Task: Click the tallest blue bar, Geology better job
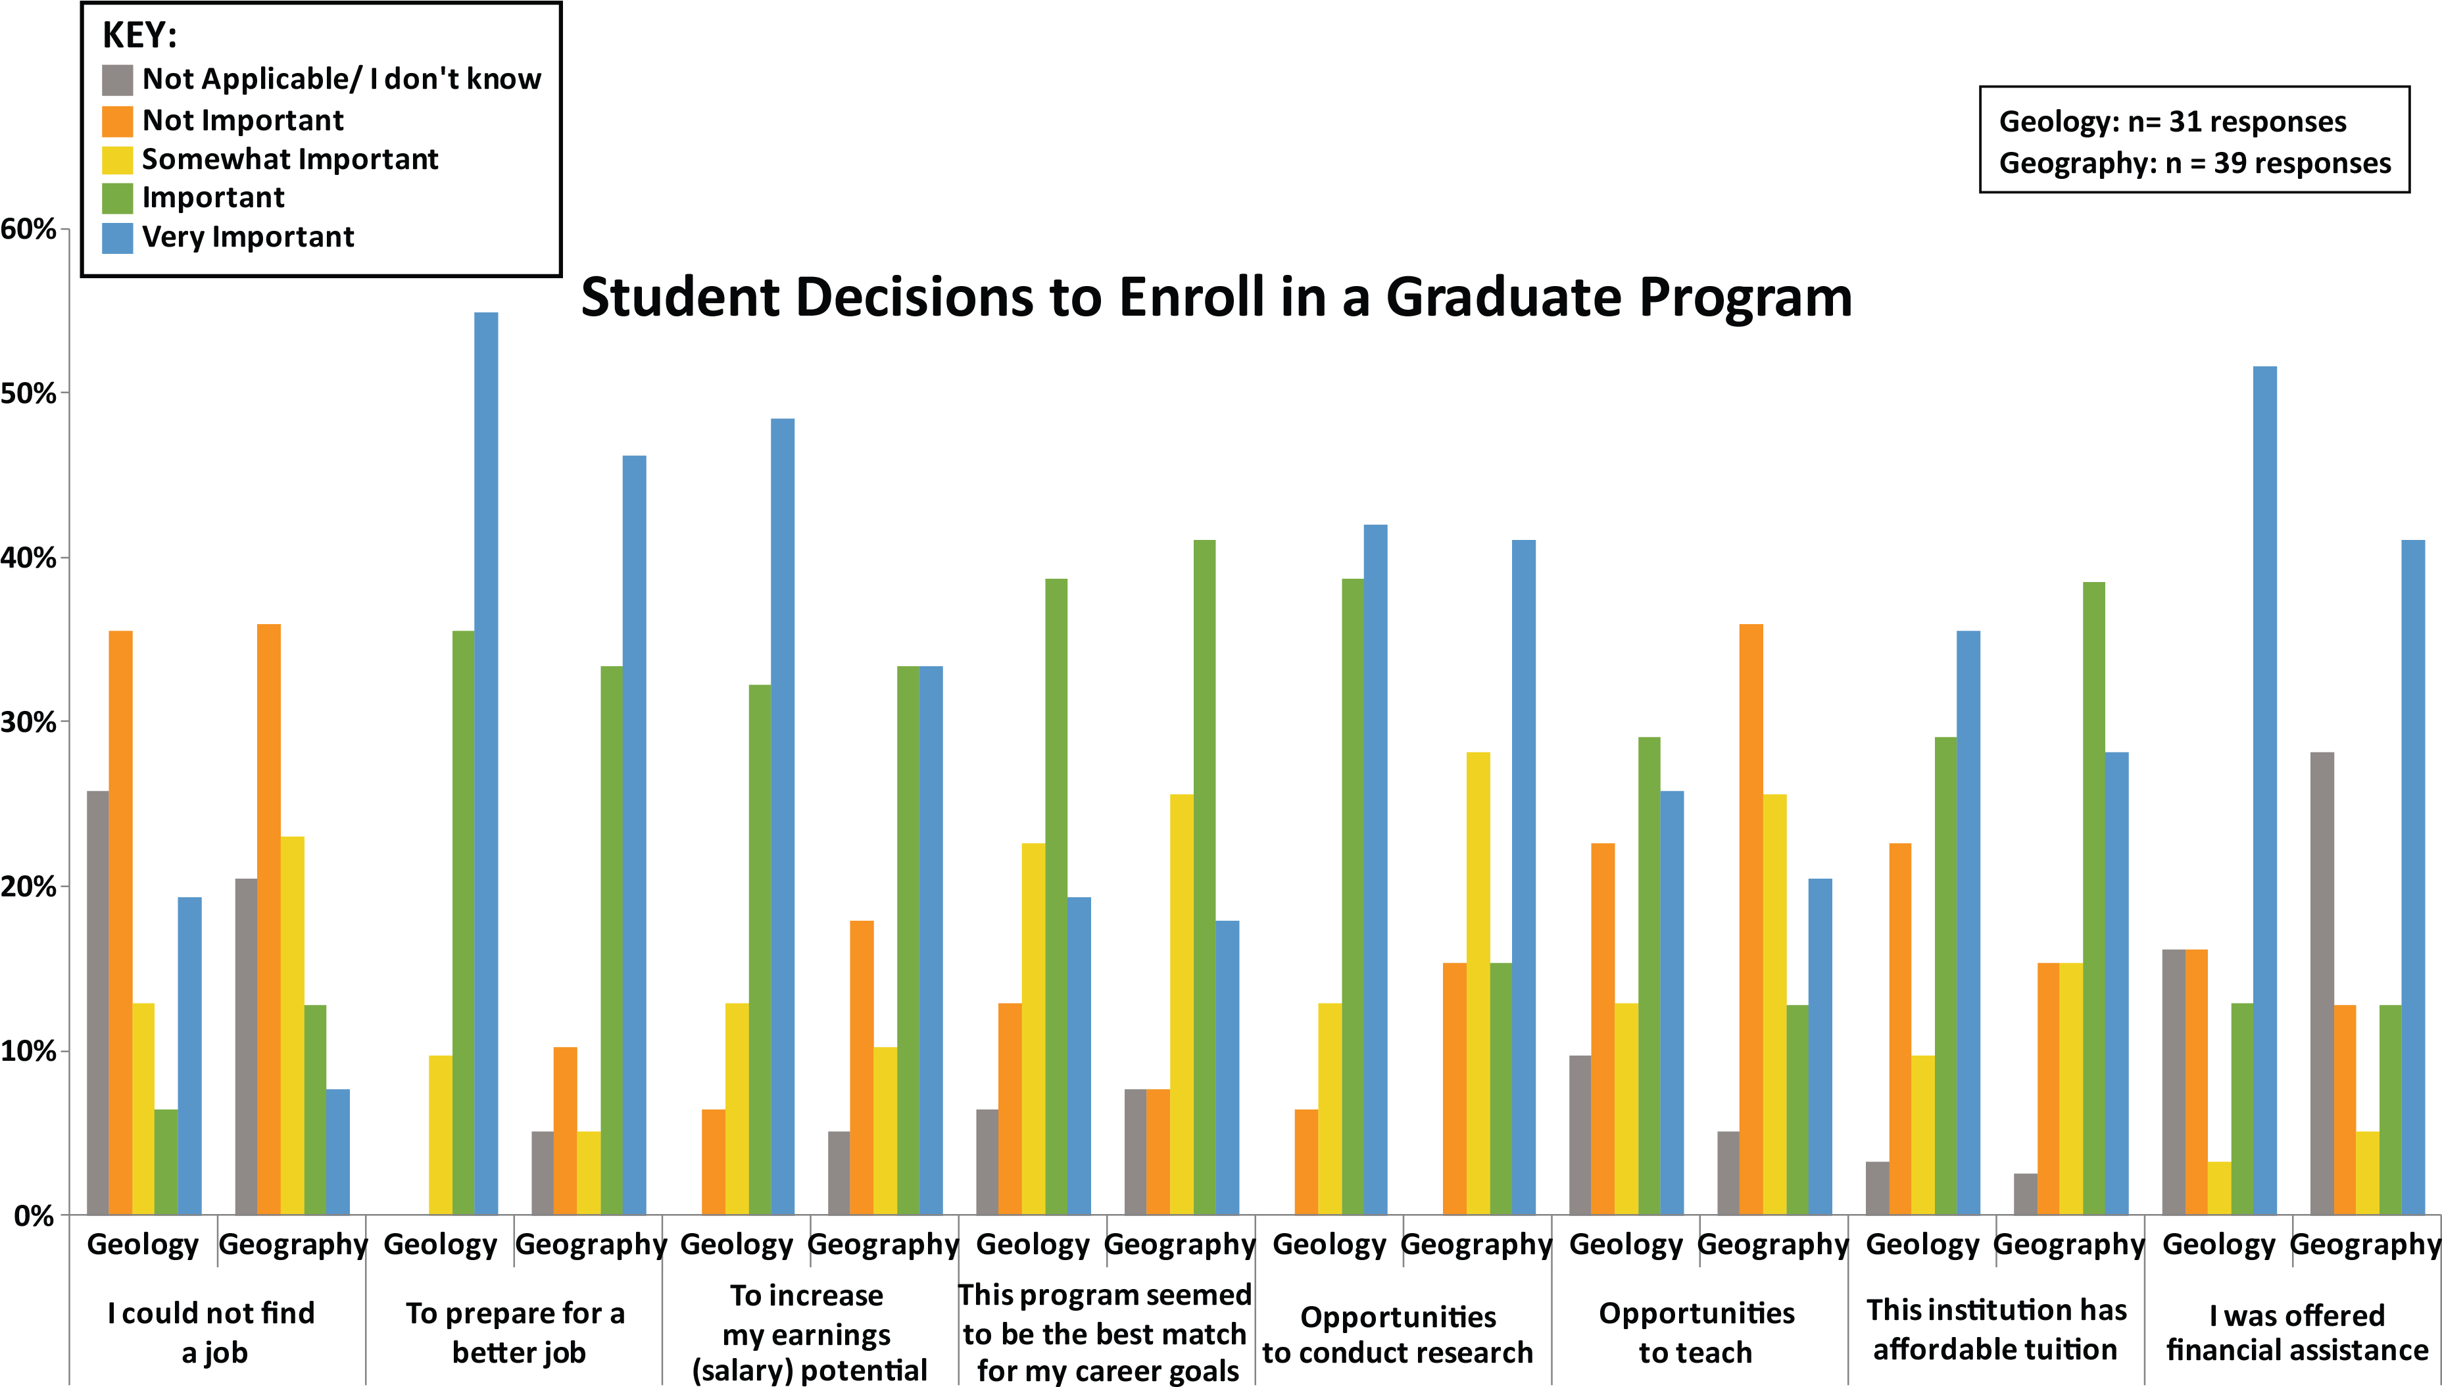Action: point(486,762)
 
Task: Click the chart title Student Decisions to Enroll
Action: point(1215,297)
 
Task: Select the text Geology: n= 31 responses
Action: point(2172,122)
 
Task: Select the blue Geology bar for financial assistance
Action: point(2265,791)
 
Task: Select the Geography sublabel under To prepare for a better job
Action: point(589,1244)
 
